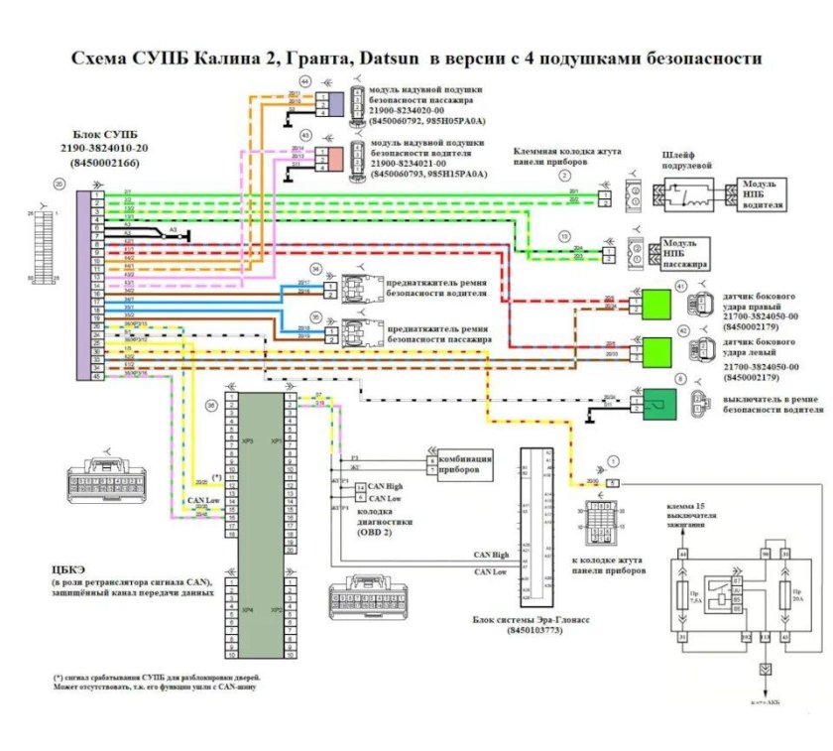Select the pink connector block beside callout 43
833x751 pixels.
337,157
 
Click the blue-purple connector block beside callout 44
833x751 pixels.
337,103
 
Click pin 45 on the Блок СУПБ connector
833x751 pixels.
97,376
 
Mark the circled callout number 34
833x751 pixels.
288,270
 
